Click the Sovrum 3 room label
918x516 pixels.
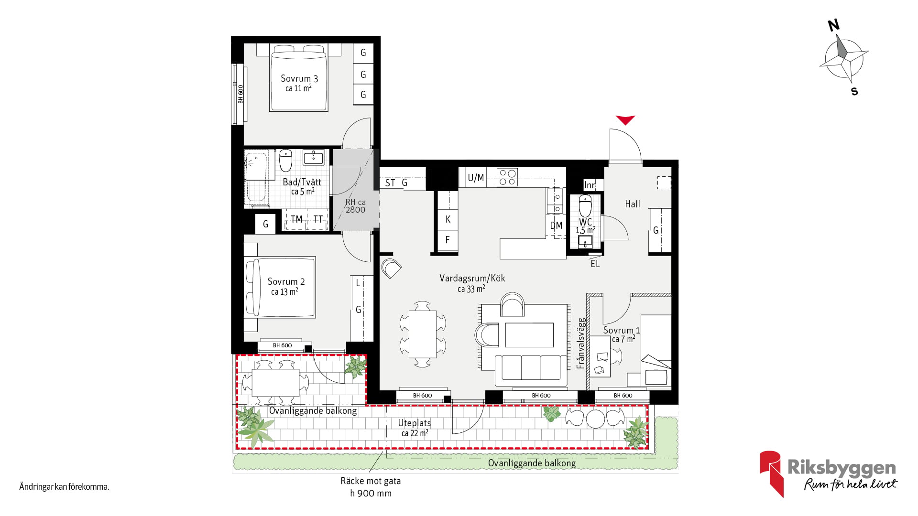pos(299,78)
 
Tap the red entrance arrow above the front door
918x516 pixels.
pos(625,120)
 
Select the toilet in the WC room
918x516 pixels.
pos(585,205)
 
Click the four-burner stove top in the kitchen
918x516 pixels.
pos(507,177)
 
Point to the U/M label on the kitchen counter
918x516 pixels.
pos(476,178)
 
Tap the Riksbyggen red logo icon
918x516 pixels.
pos(772,473)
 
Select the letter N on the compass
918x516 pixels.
pos(834,25)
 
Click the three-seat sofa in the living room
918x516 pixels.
pos(531,370)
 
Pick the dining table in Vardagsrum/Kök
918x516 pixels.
pos(423,334)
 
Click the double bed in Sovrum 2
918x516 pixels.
pos(281,287)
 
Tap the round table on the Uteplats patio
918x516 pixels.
pos(595,419)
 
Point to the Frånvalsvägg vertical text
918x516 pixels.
pos(581,343)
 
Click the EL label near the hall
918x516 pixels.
pos(595,264)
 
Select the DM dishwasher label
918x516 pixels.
pos(556,226)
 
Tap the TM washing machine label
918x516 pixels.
pos(296,219)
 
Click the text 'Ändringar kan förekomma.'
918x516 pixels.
pos(65,487)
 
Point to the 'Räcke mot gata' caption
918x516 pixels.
pos(371,481)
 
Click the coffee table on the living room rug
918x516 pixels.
pos(529,335)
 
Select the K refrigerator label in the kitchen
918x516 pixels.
pos(448,219)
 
